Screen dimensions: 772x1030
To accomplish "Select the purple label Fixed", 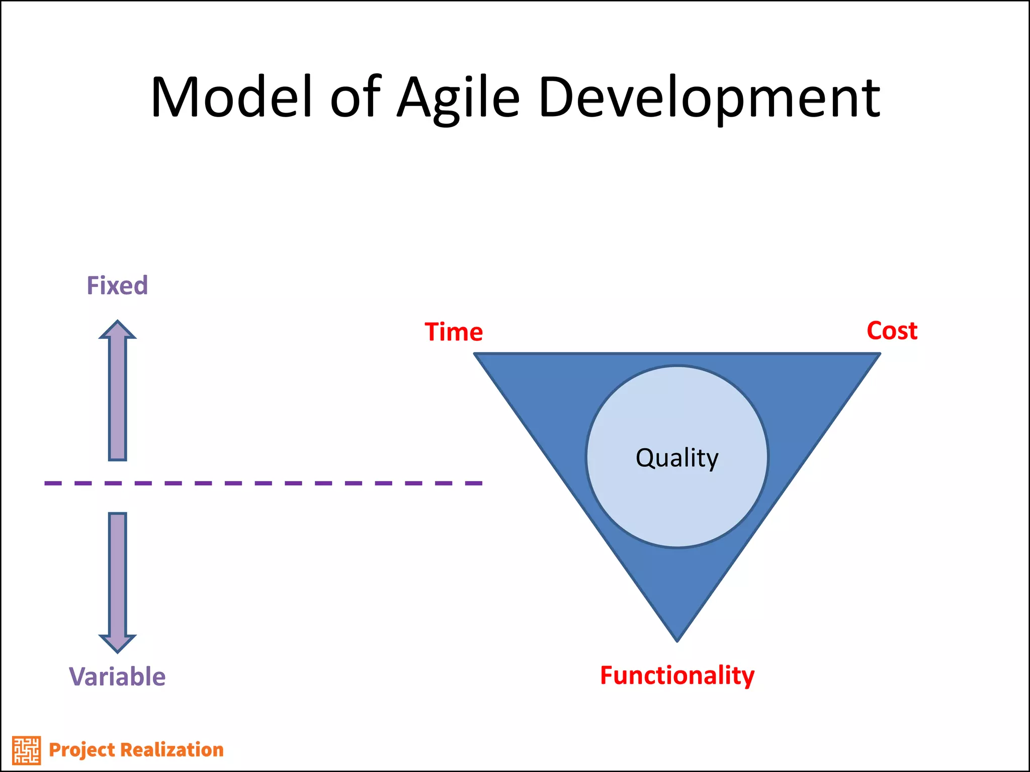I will (x=117, y=285).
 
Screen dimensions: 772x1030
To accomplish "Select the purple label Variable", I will (x=117, y=677).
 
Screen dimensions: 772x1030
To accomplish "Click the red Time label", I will (x=454, y=332).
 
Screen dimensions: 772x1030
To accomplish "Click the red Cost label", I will (x=892, y=331).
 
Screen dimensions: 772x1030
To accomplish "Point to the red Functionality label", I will (x=677, y=675).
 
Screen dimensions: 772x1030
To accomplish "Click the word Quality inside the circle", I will (x=677, y=458).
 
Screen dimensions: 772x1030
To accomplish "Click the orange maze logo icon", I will (x=26, y=750).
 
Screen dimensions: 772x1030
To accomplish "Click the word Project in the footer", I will (x=81, y=750).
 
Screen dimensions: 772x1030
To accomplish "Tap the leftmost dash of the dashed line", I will (x=53, y=483).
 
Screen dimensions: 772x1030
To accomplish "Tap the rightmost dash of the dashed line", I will (x=473, y=483).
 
